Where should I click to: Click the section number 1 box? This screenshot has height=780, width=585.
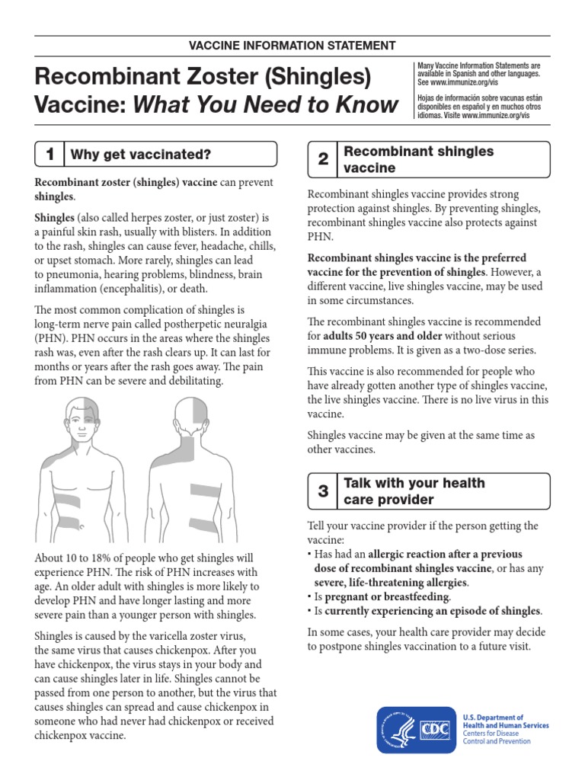coord(50,155)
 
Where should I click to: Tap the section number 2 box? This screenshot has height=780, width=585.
coord(323,159)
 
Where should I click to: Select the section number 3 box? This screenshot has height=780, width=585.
coord(323,491)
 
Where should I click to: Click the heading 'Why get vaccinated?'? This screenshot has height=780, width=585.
coord(140,155)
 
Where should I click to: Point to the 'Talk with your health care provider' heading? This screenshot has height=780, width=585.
coord(414,491)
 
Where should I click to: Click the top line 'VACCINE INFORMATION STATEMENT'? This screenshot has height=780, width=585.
coord(292,46)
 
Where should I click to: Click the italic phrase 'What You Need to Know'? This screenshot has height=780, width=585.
coord(266,104)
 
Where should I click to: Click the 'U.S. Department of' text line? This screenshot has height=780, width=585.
coord(493,718)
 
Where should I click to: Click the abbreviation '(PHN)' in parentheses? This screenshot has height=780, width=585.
coord(50,339)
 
